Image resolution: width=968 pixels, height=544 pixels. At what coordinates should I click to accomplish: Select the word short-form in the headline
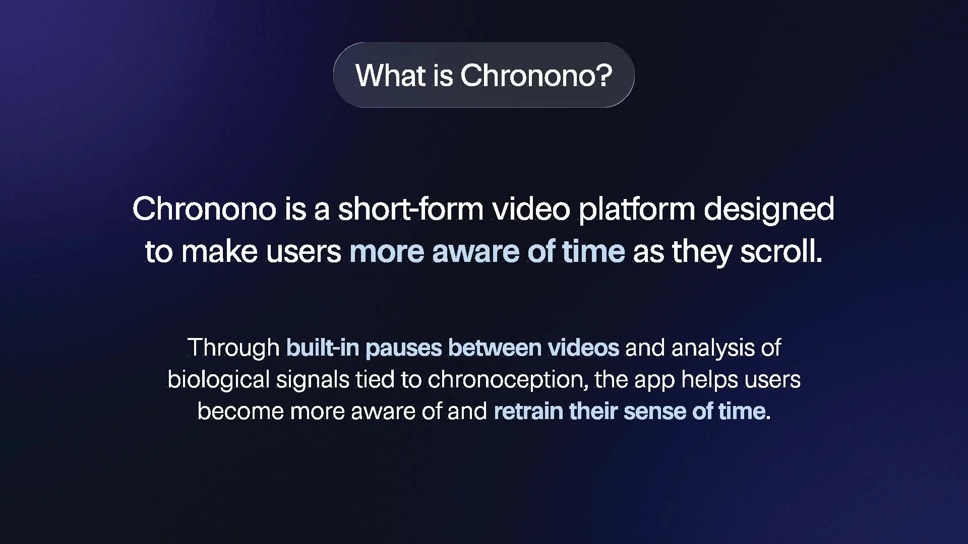[x=410, y=209]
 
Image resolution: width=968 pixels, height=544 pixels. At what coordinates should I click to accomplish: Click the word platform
[x=636, y=210]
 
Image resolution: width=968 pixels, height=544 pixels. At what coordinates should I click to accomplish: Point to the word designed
[x=769, y=210]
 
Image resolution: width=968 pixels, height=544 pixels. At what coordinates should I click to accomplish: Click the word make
[x=219, y=251]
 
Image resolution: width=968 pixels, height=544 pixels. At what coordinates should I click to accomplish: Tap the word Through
[x=233, y=348]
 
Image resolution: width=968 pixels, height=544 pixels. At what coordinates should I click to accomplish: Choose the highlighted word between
[x=494, y=348]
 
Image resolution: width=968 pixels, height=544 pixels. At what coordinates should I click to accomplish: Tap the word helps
[x=709, y=380]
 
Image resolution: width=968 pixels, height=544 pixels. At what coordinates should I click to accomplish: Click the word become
[x=240, y=411]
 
